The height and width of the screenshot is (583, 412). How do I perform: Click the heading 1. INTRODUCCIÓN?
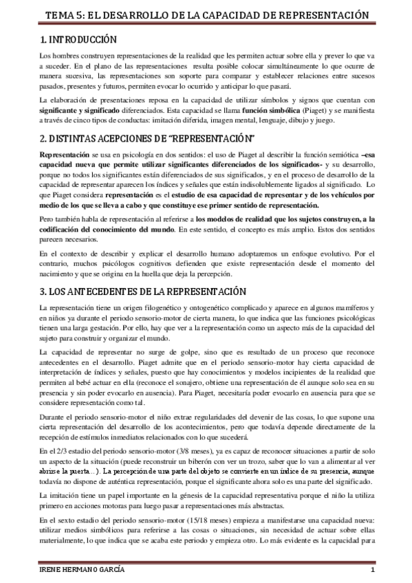click(78, 40)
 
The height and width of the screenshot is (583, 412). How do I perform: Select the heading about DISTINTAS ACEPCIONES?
click(147, 137)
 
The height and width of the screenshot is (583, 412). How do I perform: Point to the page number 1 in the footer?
click(371, 573)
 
